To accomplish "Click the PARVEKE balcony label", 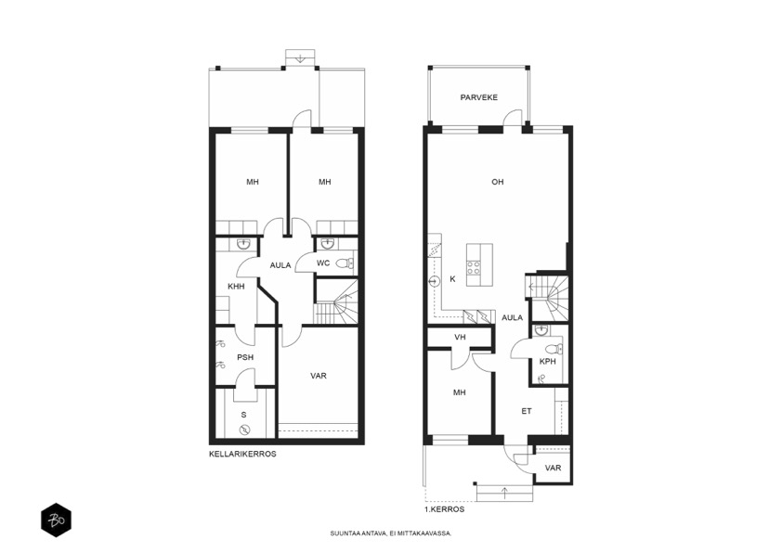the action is (479, 97).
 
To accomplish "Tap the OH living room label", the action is (497, 182).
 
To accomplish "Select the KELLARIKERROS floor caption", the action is (242, 455).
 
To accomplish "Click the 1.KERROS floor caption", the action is (444, 509).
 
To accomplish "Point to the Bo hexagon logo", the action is (56, 520).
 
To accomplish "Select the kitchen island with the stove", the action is (479, 264).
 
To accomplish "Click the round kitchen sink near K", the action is (434, 282).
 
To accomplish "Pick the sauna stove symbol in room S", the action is (244, 430).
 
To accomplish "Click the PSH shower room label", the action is (245, 358).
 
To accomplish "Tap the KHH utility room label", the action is (237, 287).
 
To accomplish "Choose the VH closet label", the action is (460, 338).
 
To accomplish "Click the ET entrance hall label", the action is (527, 412).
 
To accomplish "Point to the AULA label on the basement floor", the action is (280, 265).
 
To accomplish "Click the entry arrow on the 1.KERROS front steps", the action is (504, 494).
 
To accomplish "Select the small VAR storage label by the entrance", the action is (554, 469).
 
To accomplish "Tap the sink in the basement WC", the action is (328, 244).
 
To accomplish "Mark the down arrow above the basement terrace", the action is (299, 58).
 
